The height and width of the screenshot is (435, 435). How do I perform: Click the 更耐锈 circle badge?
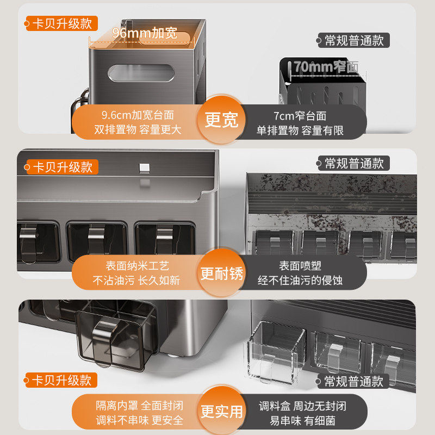click(x=221, y=274)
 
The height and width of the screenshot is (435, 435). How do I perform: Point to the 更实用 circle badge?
click(x=221, y=411)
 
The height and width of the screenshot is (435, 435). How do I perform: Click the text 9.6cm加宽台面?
click(x=138, y=115)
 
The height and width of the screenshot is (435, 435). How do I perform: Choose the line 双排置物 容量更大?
click(x=138, y=130)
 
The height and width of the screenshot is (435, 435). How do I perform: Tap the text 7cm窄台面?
click(x=300, y=116)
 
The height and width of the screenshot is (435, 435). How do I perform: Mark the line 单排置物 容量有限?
click(x=300, y=130)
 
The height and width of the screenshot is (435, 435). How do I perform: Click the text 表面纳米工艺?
click(x=137, y=266)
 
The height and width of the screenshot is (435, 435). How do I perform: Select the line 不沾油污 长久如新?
click(x=137, y=281)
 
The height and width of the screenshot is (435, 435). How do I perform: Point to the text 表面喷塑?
click(x=300, y=266)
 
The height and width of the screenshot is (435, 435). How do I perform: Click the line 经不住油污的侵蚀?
click(x=300, y=281)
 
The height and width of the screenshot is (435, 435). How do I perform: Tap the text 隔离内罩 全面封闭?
click(x=140, y=406)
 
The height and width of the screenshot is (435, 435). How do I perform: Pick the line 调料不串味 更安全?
click(x=140, y=420)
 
